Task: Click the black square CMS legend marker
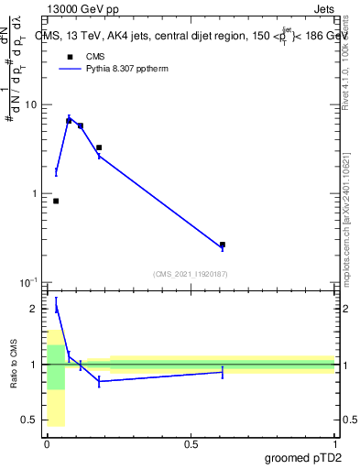click(x=68, y=56)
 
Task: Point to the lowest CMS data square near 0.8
click(x=56, y=201)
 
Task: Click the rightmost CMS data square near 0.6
click(x=223, y=245)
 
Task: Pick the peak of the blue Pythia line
click(x=69, y=118)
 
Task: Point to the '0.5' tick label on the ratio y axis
click(x=29, y=420)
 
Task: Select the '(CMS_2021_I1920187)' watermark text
click(x=191, y=274)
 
